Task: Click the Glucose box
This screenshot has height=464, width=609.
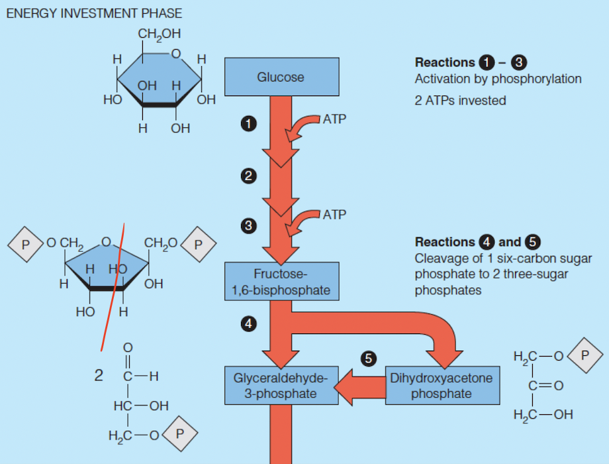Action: coord(281,76)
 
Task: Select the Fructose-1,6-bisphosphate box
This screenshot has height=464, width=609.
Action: coord(281,282)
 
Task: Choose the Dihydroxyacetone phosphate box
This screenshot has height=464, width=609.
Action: coord(441,385)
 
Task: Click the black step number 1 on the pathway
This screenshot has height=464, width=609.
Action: coord(248,123)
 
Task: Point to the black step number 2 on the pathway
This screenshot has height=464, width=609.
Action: coord(248,176)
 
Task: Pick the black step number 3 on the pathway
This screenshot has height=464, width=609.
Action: coord(248,226)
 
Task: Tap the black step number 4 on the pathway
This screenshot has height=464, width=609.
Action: coord(248,324)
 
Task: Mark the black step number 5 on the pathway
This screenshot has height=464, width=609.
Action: coord(369,359)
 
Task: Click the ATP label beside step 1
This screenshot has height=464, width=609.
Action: coord(334,119)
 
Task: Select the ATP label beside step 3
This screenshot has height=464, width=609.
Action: coord(334,215)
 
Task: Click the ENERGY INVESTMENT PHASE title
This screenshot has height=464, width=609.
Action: coord(93,13)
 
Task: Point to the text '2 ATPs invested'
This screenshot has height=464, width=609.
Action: coord(460,100)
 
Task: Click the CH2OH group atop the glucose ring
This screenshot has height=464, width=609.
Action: coord(160,34)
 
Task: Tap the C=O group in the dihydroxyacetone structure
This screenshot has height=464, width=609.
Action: coord(541,386)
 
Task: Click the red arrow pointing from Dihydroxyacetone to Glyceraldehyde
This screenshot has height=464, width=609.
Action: coord(361,386)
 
